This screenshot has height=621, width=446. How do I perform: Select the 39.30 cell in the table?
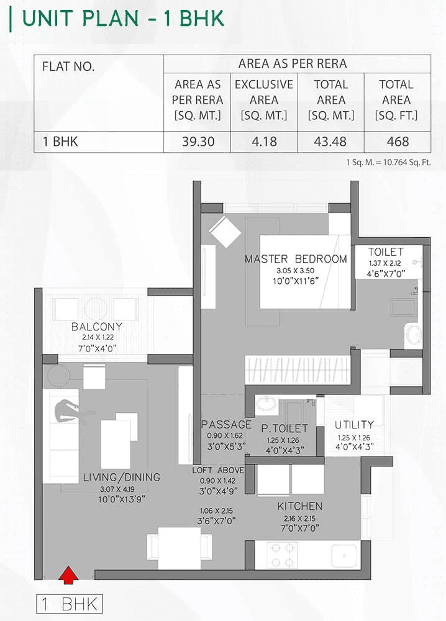click(x=198, y=142)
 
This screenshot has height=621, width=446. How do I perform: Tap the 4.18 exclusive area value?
click(x=264, y=142)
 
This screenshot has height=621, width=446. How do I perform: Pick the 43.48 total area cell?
click(x=330, y=142)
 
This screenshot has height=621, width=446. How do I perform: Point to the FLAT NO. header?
click(x=68, y=67)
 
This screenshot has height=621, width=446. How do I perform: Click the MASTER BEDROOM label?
click(x=296, y=259)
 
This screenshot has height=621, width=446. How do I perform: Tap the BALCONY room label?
click(x=96, y=327)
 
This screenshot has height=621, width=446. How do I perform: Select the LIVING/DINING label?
click(x=122, y=478)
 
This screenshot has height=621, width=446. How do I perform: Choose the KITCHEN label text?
click(x=300, y=506)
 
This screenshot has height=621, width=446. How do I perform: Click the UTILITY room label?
click(x=354, y=425)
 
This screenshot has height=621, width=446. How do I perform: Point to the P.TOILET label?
click(x=284, y=428)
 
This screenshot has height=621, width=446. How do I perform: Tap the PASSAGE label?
click(x=226, y=425)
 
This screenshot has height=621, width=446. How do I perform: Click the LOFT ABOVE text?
click(x=217, y=470)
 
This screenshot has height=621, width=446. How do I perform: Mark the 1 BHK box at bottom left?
click(x=69, y=604)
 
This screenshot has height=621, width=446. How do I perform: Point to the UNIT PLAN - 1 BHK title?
click(x=123, y=18)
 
